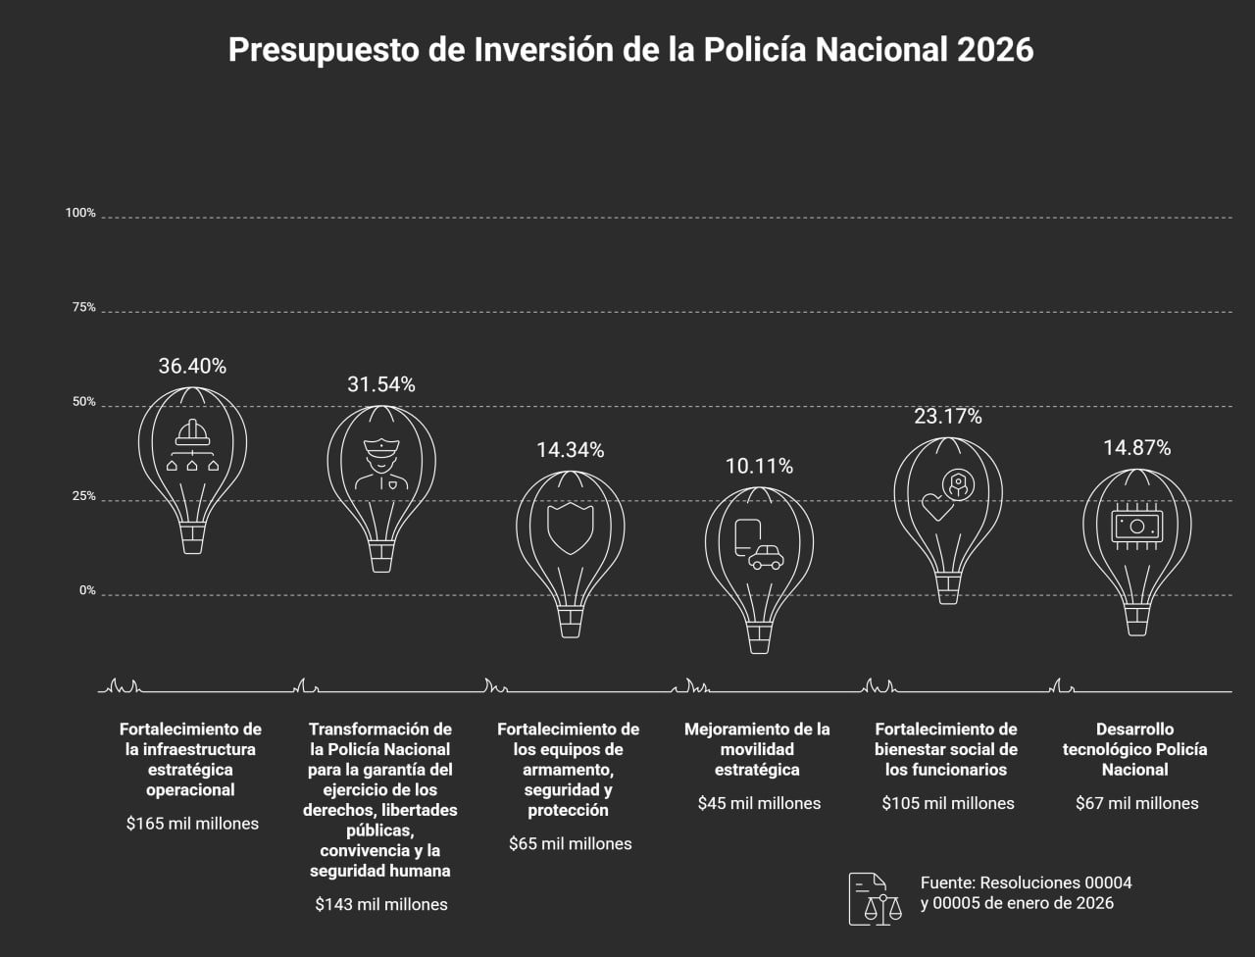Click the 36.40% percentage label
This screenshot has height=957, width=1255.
[x=192, y=367]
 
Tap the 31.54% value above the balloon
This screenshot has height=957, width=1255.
[x=380, y=385]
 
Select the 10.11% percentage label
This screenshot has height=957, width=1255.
[x=759, y=466]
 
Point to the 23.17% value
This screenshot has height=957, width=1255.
[x=947, y=417]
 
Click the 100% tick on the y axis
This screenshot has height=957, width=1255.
[x=80, y=213]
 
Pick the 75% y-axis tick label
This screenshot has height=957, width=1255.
[x=83, y=308]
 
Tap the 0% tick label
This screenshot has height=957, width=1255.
[x=86, y=591]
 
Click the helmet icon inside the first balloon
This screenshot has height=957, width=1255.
[x=192, y=432]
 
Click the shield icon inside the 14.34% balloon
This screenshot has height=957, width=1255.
[x=570, y=529]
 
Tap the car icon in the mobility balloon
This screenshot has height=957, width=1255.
[x=765, y=558]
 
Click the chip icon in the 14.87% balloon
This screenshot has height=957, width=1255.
[x=1136, y=527]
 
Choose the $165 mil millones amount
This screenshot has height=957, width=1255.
[x=192, y=824]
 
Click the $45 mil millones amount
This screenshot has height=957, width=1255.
[x=759, y=803]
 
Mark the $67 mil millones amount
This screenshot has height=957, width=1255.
[x=1136, y=803]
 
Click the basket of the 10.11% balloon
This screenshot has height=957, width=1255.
[x=759, y=638]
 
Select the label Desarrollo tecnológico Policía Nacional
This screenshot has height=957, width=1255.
[x=1136, y=749]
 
